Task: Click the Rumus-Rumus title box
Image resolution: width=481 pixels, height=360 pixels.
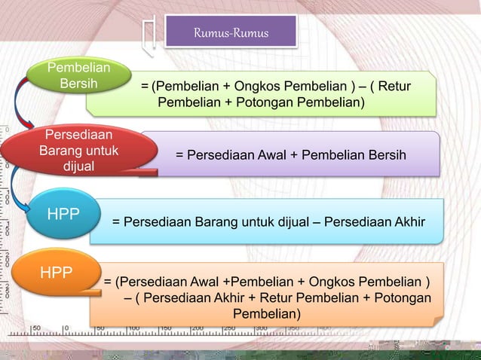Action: [231, 33]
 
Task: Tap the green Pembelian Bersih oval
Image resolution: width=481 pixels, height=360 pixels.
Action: [77, 76]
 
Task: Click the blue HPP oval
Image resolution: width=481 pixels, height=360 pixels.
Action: [63, 215]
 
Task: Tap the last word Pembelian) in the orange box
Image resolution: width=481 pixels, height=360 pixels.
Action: [267, 313]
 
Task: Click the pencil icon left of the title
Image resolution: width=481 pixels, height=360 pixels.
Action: [150, 35]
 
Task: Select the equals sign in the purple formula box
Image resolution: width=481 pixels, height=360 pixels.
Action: [179, 155]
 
